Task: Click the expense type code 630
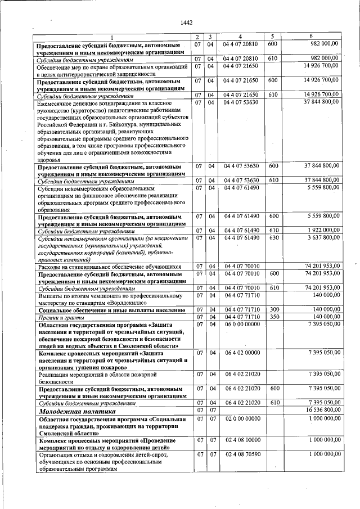coord(273,238)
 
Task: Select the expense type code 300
coord(273,309)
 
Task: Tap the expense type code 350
coord(273,317)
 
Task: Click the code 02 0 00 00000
coord(242,419)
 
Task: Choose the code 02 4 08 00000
coord(242,439)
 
